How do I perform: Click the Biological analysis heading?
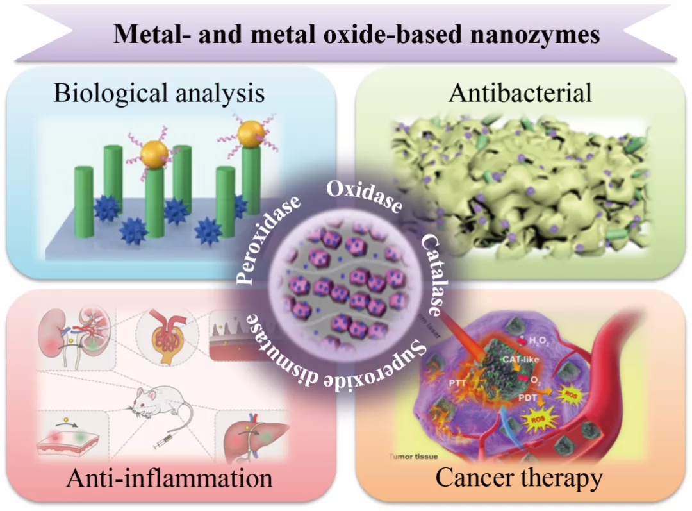pos(159,94)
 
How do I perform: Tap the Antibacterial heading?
pos(520,94)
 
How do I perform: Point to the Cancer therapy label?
pos(519,478)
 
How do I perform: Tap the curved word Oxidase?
pos(364,196)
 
